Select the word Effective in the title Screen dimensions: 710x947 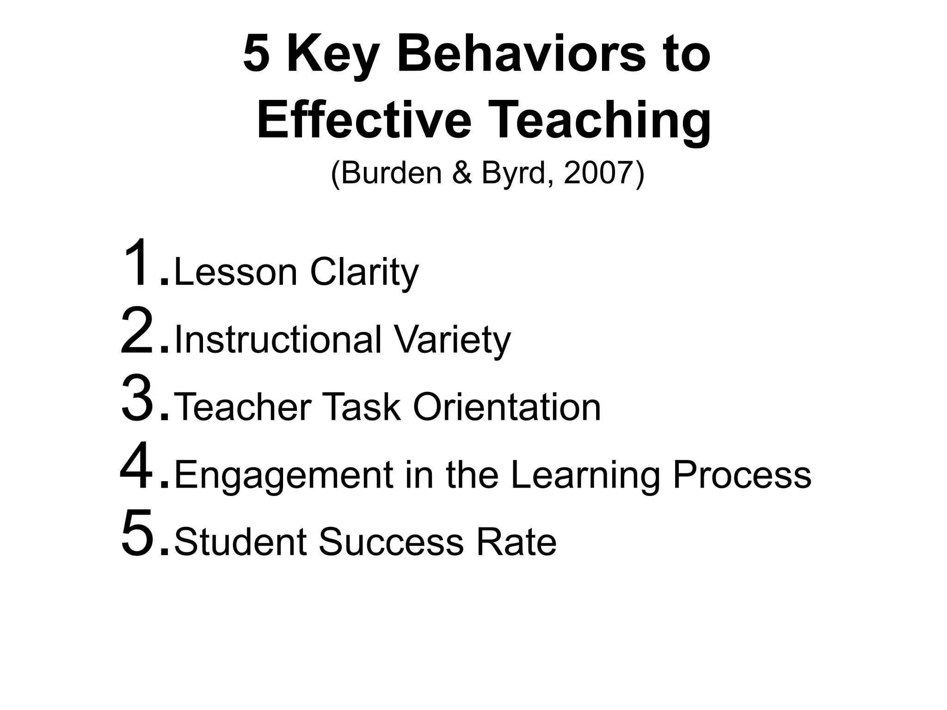click(x=364, y=121)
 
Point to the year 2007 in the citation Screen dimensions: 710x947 click(x=598, y=173)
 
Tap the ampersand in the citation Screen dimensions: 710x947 click(x=462, y=173)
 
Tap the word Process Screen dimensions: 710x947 click(x=742, y=475)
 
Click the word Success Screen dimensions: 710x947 click(x=391, y=542)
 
